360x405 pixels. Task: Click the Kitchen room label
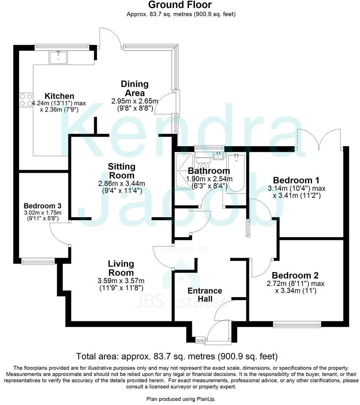[x=59, y=96]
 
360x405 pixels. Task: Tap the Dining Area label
[x=134, y=88]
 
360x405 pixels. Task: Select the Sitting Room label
[x=121, y=171]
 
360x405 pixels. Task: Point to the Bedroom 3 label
[x=42, y=205]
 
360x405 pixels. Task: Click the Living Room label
[x=121, y=268]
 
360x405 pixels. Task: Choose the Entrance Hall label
[x=204, y=294]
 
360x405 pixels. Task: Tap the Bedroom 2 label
[x=295, y=275]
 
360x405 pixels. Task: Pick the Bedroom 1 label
[x=296, y=180]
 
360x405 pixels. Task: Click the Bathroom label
[x=209, y=171]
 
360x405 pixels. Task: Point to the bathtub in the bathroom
[x=235, y=173]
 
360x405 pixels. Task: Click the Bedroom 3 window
[x=39, y=262]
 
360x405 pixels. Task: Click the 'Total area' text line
[x=177, y=356]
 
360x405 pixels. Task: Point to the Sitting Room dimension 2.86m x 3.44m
[x=121, y=183]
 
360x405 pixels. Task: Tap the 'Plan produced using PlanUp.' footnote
[x=179, y=399]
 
